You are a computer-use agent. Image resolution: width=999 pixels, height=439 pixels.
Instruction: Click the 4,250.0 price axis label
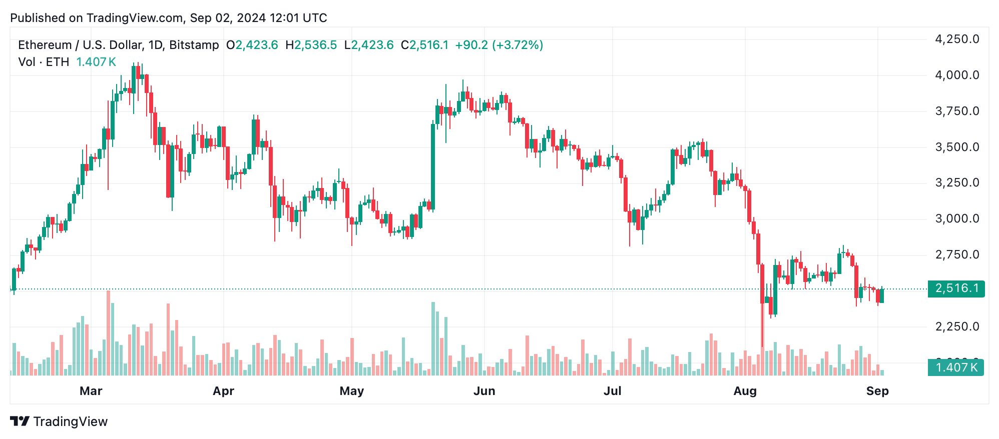957,39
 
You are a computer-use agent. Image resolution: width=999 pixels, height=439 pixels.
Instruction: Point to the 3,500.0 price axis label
957,147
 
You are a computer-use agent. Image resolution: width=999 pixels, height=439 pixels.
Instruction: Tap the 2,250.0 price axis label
957,326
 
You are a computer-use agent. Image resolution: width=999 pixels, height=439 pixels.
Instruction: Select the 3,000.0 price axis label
957,218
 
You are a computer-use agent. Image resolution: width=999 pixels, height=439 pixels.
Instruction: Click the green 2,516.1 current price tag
956,288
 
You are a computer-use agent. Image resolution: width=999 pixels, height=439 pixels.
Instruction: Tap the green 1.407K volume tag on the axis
956,367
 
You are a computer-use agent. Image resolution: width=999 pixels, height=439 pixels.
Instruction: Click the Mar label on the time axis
91,391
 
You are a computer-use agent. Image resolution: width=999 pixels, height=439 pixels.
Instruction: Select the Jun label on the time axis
484,391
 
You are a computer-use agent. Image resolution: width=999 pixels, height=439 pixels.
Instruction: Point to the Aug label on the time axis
745,391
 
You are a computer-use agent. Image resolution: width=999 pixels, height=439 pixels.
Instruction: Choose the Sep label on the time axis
877,391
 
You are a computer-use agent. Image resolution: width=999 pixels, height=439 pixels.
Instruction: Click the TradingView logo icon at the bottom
20,421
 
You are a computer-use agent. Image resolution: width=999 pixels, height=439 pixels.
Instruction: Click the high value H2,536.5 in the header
311,45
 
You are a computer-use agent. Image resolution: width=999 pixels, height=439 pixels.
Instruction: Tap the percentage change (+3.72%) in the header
518,45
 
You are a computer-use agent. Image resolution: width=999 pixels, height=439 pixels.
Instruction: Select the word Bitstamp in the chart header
194,45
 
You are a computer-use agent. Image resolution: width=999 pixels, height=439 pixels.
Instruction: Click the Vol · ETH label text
44,62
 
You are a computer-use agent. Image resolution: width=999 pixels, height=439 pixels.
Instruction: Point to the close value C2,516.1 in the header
424,45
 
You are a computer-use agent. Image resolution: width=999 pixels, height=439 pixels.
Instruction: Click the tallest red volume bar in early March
108,332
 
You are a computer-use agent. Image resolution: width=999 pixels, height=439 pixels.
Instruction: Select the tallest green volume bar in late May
433,338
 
